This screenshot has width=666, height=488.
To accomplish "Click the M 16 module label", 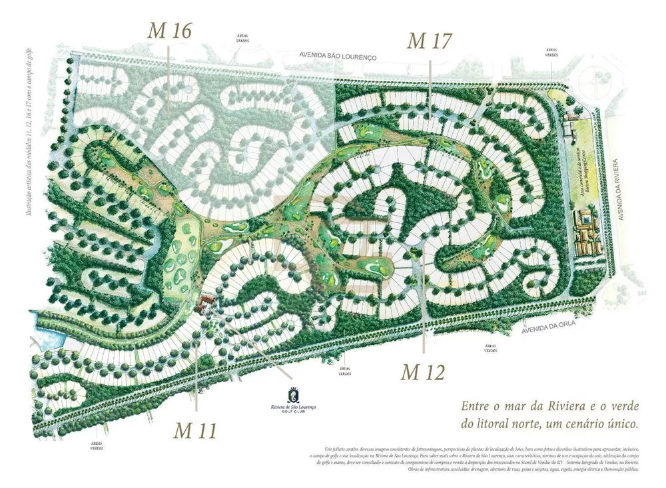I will pos(171,31).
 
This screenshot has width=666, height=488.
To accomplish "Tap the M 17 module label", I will pos(430,41).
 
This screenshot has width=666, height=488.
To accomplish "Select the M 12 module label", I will pos(422,372).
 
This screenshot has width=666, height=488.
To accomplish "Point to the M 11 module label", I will pos(196,430).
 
